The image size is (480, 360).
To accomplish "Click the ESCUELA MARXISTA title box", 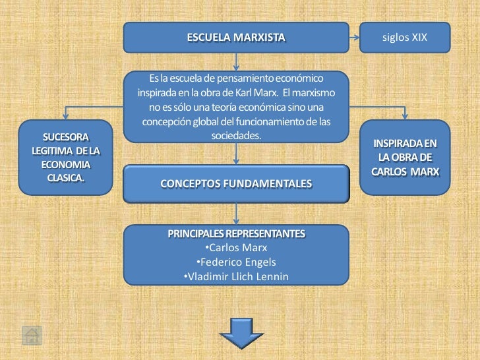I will pyautogui.click(x=236, y=38).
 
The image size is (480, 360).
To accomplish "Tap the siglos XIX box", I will pyautogui.click(x=405, y=38).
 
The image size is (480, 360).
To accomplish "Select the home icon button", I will pyautogui.click(x=32, y=336).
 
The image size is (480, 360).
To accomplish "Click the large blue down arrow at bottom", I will pyautogui.click(x=236, y=332).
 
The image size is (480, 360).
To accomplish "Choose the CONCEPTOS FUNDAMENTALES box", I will pyautogui.click(x=236, y=183).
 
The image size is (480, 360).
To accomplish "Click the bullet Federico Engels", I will pyautogui.click(x=236, y=262).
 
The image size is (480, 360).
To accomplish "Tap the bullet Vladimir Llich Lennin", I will pyautogui.click(x=235, y=277).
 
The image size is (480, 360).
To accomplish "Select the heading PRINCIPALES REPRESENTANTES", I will pyautogui.click(x=236, y=234).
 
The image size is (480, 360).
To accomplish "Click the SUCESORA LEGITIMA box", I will pyautogui.click(x=65, y=157).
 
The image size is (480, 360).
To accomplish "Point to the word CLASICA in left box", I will pyautogui.click(x=65, y=177).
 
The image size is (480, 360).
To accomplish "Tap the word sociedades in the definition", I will pyautogui.click(x=236, y=135).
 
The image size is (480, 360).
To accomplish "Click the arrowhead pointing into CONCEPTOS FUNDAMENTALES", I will pyautogui.click(x=236, y=160).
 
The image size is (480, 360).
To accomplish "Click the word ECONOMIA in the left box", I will pyautogui.click(x=65, y=164).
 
